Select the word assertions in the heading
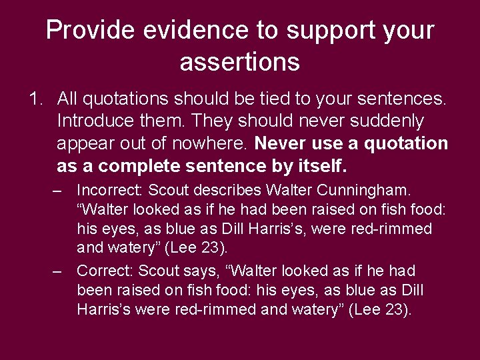(239, 62)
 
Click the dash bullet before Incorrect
(59, 190)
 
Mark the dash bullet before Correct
(59, 271)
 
